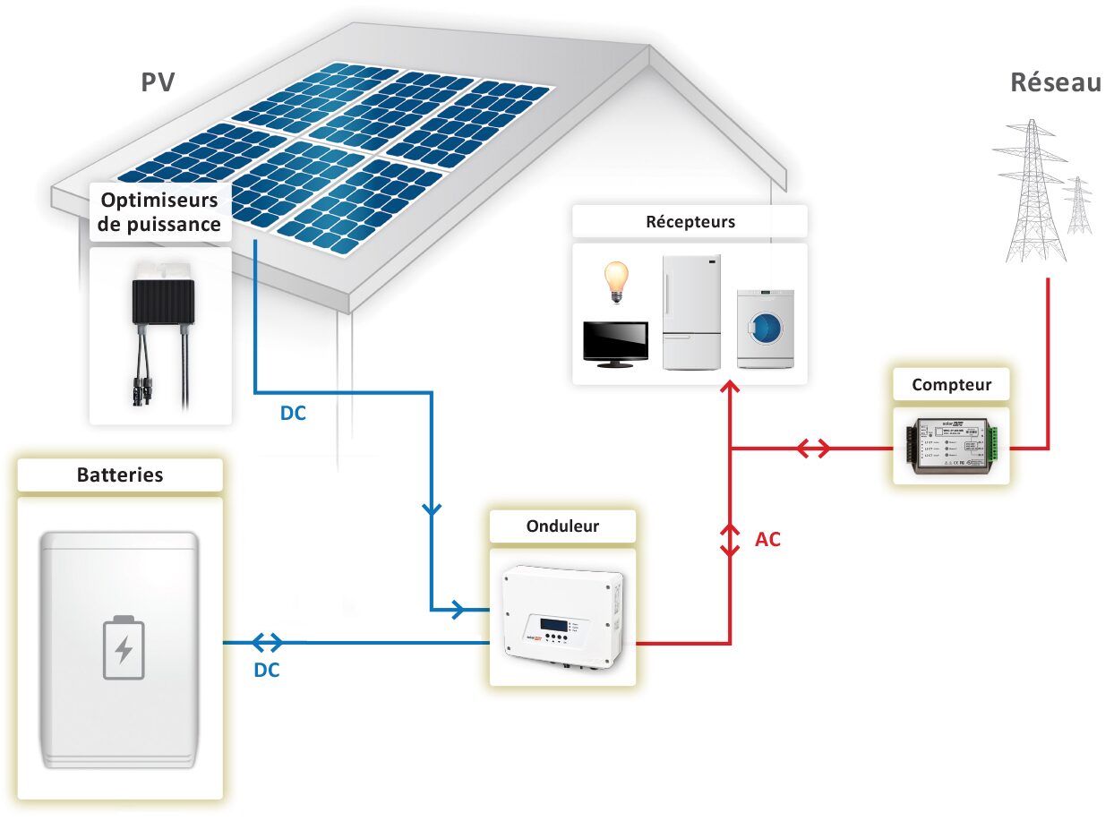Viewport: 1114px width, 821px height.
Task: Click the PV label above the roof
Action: click(x=158, y=82)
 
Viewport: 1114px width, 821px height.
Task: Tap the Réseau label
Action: click(x=1055, y=82)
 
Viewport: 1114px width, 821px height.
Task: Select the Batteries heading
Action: click(x=120, y=475)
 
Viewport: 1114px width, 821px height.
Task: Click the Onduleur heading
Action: click(x=562, y=526)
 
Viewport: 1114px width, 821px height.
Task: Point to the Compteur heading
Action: click(x=951, y=385)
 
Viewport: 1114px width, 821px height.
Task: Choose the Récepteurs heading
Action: click(x=689, y=221)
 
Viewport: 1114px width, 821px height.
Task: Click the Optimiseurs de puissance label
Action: click(x=159, y=211)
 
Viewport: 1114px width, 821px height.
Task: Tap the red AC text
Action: click(x=767, y=540)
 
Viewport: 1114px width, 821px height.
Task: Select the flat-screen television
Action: click(x=615, y=344)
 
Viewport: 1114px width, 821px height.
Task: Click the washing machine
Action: click(x=765, y=329)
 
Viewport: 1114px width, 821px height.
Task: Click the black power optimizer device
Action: click(x=162, y=300)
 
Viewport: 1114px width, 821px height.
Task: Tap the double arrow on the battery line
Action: click(x=267, y=642)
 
